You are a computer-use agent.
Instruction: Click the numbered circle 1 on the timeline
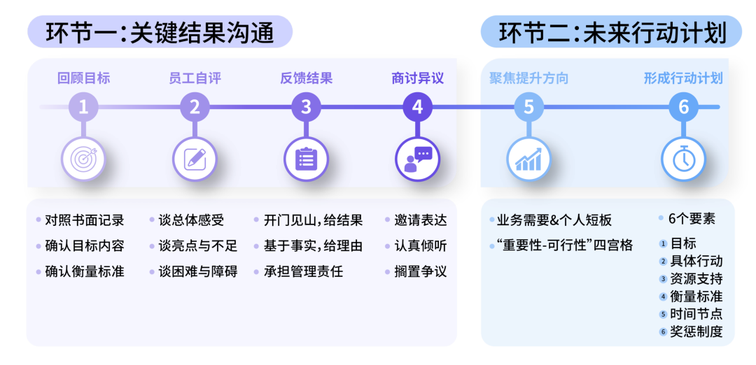[83, 107]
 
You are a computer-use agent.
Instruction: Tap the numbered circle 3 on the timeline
[306, 107]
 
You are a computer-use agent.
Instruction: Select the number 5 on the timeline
[528, 107]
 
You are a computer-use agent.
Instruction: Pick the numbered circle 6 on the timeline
[683, 107]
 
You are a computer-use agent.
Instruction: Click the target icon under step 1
[83, 159]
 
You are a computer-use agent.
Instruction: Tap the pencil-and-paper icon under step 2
[195, 159]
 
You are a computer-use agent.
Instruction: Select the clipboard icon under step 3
[306, 159]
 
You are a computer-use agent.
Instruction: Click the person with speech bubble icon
[417, 159]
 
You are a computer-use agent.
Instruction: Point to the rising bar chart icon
[528, 159]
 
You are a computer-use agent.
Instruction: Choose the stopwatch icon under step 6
[683, 159]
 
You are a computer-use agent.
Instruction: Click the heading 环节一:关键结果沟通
[160, 32]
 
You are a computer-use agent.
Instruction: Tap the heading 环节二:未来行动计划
[611, 32]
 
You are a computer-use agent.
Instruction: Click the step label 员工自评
[195, 78]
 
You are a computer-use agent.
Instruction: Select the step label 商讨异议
[417, 78]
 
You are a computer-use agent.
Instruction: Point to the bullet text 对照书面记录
[84, 220]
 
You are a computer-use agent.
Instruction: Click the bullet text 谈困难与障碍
[197, 271]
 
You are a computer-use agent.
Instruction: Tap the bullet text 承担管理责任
[303, 271]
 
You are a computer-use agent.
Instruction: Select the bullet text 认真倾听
[420, 245]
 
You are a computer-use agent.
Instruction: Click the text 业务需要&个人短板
[554, 220]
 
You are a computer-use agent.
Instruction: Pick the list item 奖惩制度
[696, 331]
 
